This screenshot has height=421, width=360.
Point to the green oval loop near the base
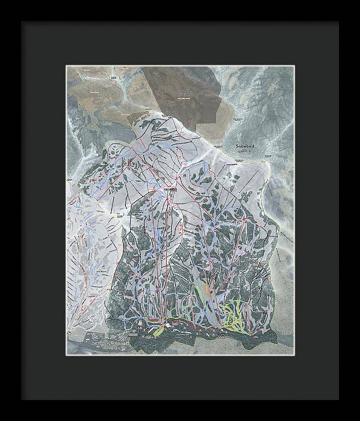pyautogui.click(x=160, y=330)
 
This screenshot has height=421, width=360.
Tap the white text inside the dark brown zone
pyautogui.click(x=182, y=93)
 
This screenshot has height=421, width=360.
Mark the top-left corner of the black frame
pyautogui.click(x=22, y=22)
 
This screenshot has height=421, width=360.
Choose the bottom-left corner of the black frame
pyautogui.click(x=22, y=399)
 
